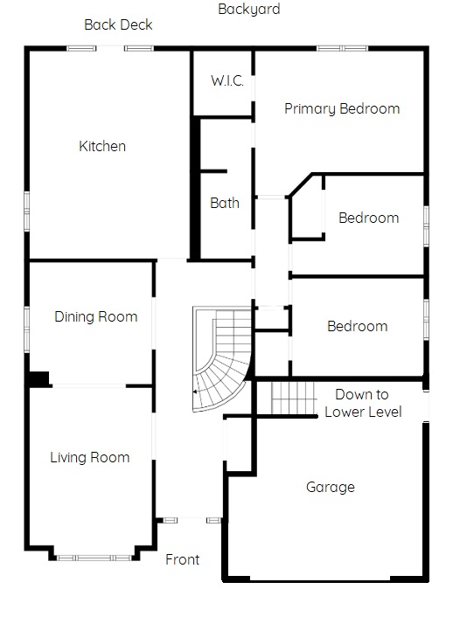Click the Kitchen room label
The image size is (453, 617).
pos(102,146)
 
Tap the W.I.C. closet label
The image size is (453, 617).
pos(227,80)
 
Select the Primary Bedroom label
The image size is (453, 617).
pos(342,108)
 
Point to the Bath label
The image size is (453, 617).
pos(225,203)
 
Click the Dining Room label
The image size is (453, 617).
pos(95,316)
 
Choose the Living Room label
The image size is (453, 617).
pos(90,457)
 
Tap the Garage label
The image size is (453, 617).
pos(330,487)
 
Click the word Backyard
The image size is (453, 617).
pos(249,9)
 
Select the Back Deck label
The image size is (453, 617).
pos(118,24)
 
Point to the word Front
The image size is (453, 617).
pos(183,559)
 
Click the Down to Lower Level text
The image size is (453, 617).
pos(363,403)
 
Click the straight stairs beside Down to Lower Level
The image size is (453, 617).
pos(294,398)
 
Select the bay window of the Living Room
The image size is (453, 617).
pos(94,558)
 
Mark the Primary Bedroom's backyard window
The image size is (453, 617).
pos(342,48)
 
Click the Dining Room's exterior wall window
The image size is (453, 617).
pos(27,329)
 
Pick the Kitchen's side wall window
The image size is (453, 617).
pos(27,211)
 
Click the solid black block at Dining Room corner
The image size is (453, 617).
pos(38,379)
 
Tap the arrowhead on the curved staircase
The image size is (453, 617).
pos(194,392)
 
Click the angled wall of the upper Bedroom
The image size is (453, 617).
pos(301,184)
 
